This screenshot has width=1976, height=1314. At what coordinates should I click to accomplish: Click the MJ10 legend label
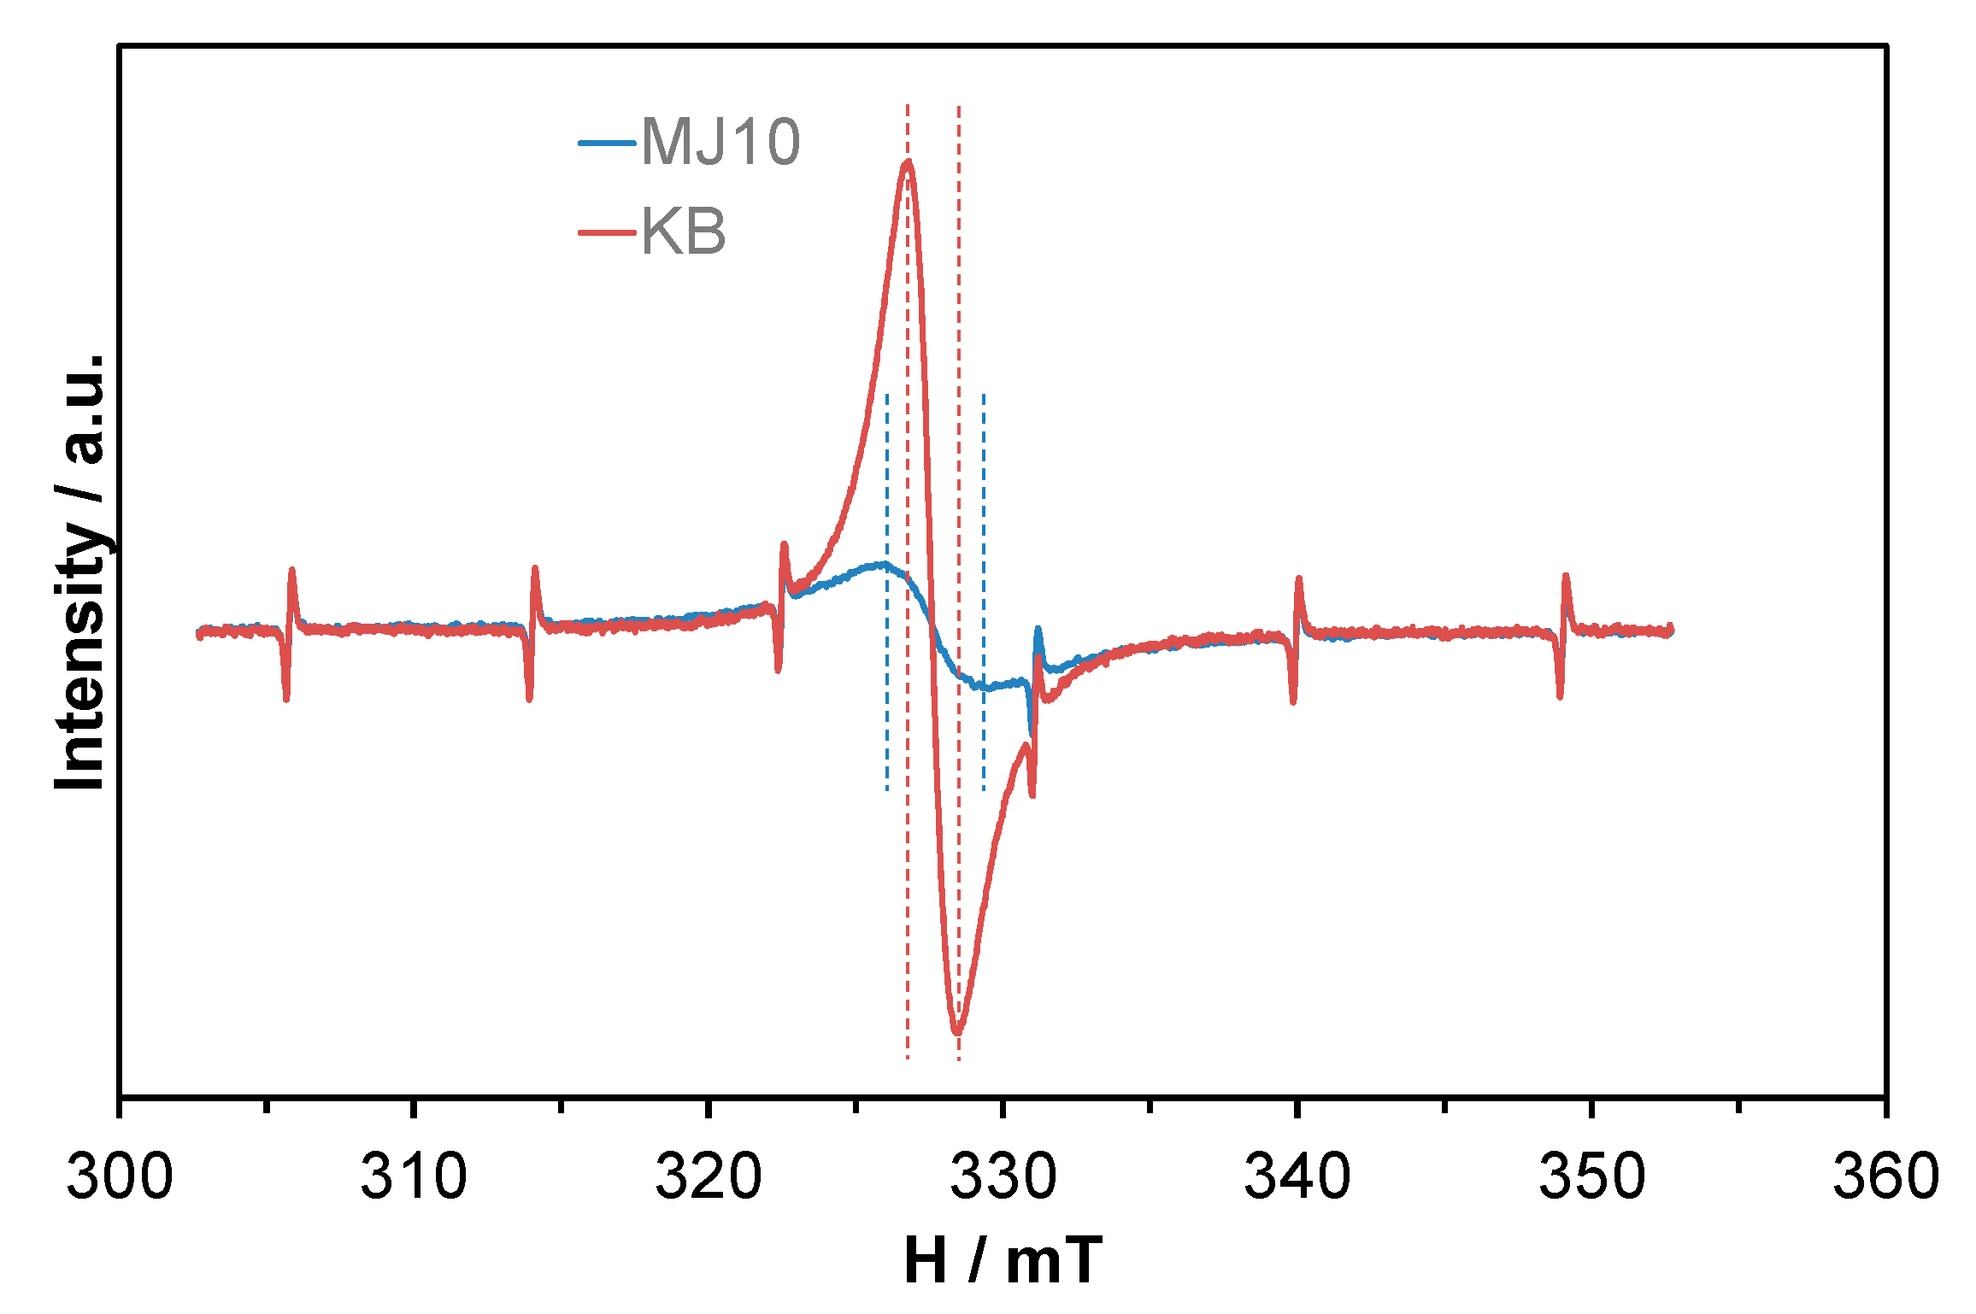click(x=720, y=142)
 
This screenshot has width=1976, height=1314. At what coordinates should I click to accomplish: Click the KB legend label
click(x=684, y=232)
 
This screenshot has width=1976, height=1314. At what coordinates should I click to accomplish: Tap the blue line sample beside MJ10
click(x=607, y=143)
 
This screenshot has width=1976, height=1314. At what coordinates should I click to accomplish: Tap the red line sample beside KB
click(x=607, y=232)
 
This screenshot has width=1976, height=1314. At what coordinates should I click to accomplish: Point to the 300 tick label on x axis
click(x=120, y=1176)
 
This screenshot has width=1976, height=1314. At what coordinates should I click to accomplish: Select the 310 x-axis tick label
click(x=414, y=1176)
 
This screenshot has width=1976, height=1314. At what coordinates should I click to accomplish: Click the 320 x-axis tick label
click(x=709, y=1176)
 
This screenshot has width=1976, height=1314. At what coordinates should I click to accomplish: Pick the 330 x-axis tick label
click(x=1003, y=1176)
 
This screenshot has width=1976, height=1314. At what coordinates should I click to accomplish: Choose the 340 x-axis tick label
click(x=1297, y=1176)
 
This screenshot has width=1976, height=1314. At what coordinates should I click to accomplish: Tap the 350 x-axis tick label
click(x=1591, y=1176)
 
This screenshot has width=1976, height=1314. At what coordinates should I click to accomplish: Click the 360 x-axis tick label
click(x=1885, y=1176)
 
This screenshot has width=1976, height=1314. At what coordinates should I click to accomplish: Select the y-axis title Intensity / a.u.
click(x=79, y=571)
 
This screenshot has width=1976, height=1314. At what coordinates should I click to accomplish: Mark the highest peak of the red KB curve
click(x=908, y=161)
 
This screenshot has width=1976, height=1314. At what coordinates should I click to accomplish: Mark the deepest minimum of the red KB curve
click(x=957, y=1033)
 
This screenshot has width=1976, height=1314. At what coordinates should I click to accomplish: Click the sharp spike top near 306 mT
click(x=292, y=570)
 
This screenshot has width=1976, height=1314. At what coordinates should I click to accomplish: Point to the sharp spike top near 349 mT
click(x=1566, y=576)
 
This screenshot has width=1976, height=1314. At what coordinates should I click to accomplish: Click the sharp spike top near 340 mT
click(x=1298, y=579)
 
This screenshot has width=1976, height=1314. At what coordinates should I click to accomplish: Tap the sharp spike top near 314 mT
click(x=535, y=568)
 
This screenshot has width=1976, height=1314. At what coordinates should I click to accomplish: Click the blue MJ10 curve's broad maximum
click(x=880, y=564)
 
